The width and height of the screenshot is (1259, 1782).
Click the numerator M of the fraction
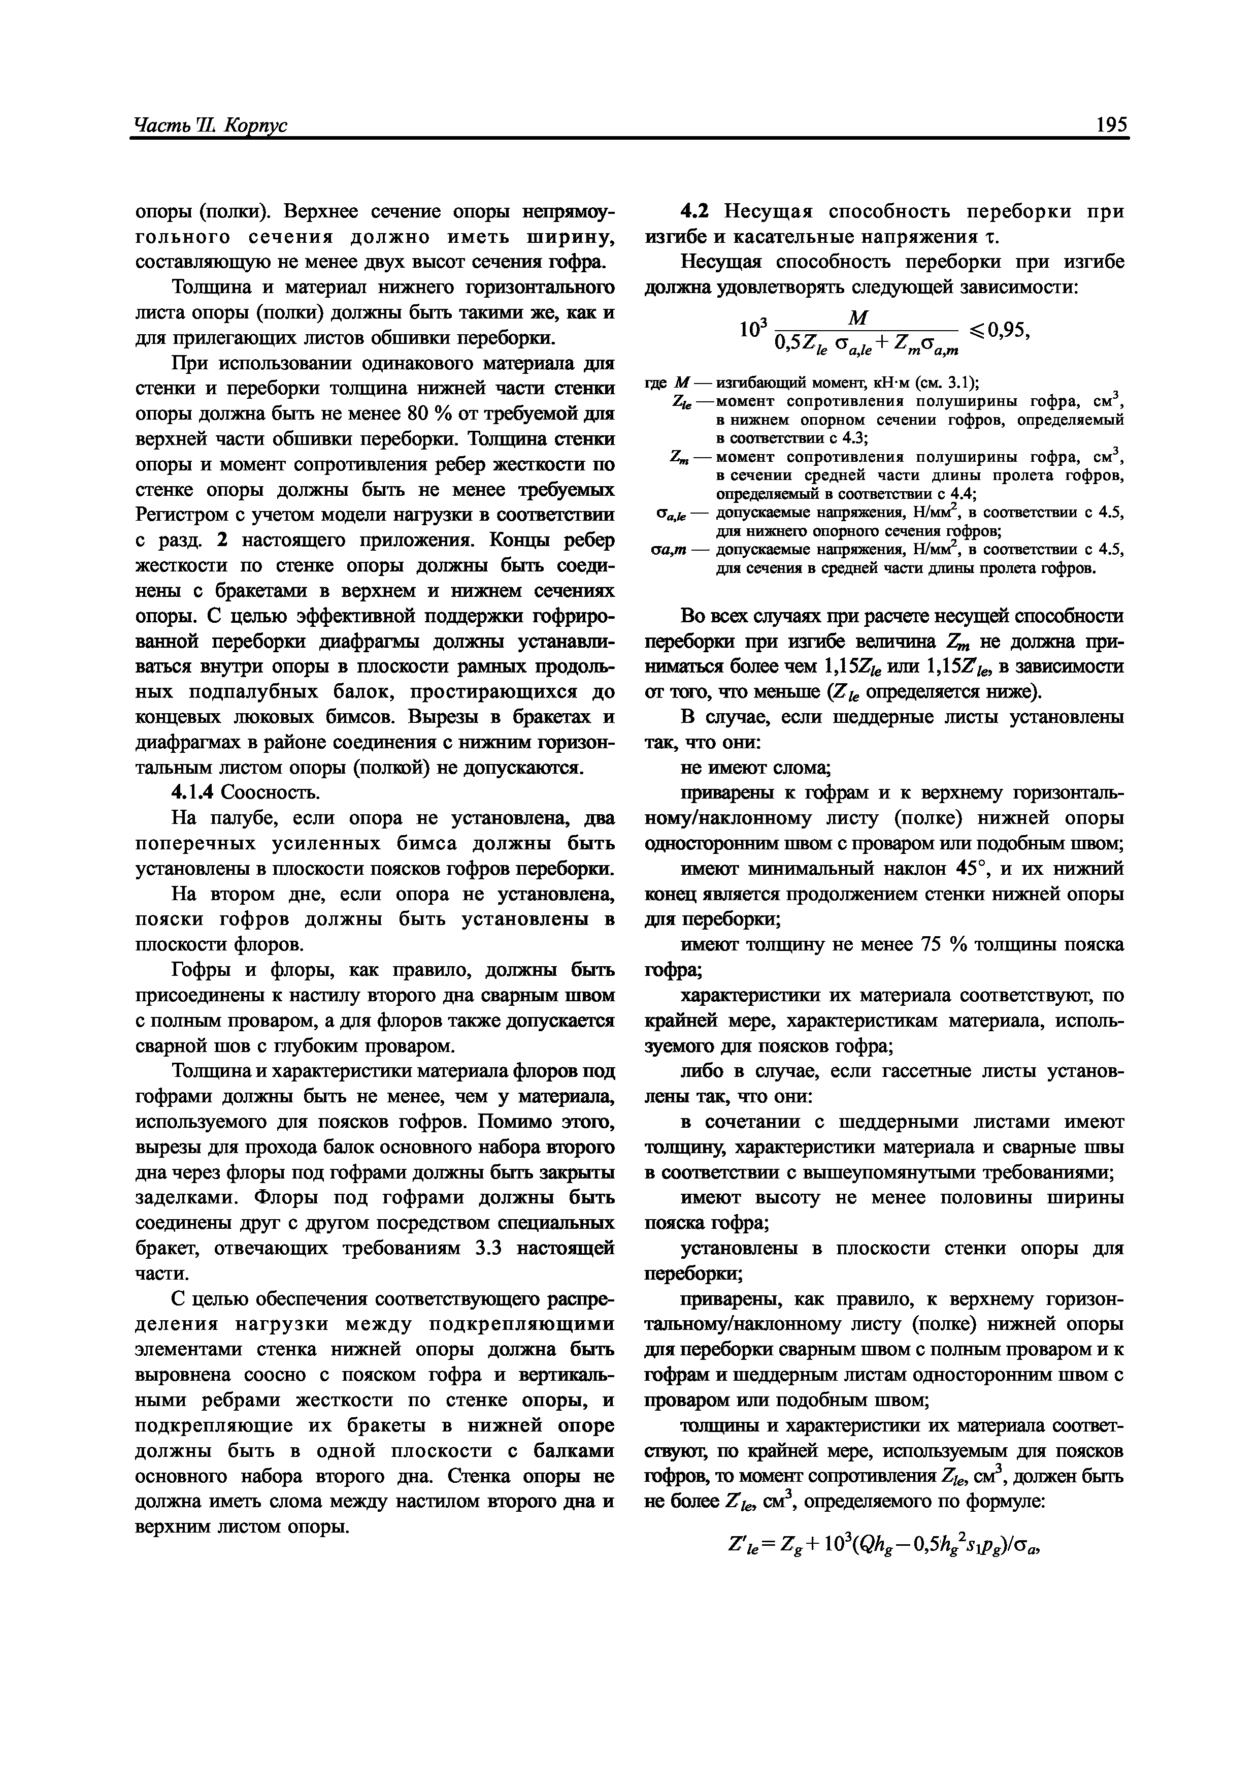(x=859, y=317)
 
